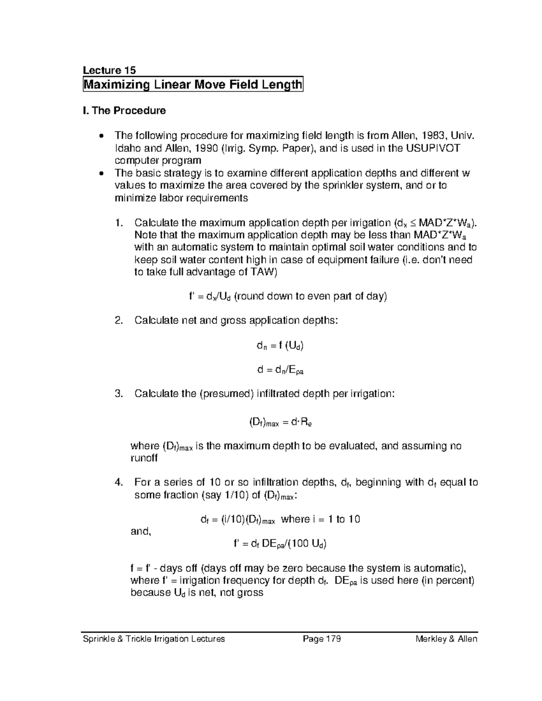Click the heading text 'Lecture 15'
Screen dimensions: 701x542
pos(109,70)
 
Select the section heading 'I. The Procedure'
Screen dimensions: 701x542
pos(125,111)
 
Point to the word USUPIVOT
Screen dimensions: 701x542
pos(434,148)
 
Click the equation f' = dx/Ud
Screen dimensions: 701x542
pos(288,297)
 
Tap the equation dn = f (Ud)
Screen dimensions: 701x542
pos(280,346)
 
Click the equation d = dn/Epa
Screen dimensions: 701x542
pos(280,371)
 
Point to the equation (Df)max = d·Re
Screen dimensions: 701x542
pos(281,423)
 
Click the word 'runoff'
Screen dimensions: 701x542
pos(144,459)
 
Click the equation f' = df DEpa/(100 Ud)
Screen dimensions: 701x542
pos(280,544)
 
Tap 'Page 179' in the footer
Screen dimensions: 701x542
pos(322,639)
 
